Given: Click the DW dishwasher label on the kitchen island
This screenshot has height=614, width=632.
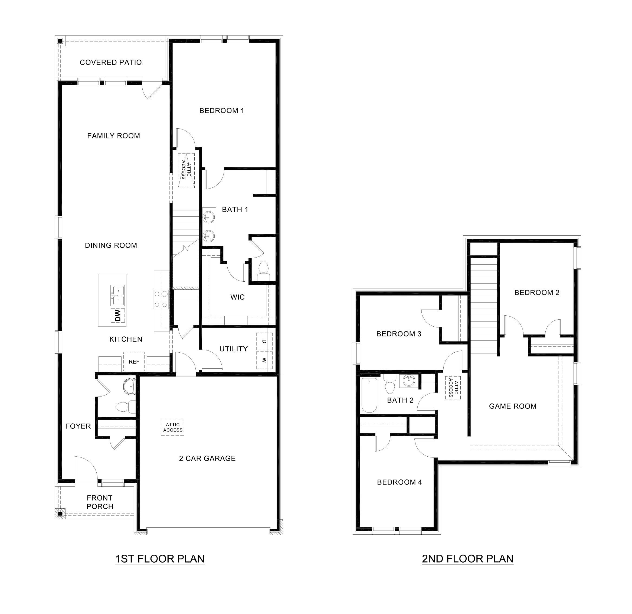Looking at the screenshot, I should (118, 315).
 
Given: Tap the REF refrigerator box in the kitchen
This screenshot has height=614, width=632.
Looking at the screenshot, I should (134, 362).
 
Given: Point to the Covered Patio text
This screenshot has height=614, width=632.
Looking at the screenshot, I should (111, 62).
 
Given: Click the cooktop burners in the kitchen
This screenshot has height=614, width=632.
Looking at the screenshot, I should (161, 299).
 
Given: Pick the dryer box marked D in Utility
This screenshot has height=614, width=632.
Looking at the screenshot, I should (264, 341).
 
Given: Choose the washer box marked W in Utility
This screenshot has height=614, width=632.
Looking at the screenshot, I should (264, 360).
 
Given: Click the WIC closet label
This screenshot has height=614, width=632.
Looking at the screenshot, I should (237, 297).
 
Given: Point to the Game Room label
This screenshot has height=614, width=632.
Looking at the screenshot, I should (512, 406).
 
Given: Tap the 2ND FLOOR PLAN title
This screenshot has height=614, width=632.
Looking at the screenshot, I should (467, 558).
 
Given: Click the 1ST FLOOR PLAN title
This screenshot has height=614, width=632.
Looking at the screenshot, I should (160, 558).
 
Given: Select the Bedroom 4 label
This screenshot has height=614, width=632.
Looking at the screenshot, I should (399, 482).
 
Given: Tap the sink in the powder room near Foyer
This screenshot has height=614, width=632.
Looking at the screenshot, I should (130, 387).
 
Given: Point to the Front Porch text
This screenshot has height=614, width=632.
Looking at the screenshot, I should (100, 502).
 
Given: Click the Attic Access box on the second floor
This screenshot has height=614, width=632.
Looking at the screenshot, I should (453, 388).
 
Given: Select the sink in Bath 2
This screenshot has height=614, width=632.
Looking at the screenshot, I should (409, 381).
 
